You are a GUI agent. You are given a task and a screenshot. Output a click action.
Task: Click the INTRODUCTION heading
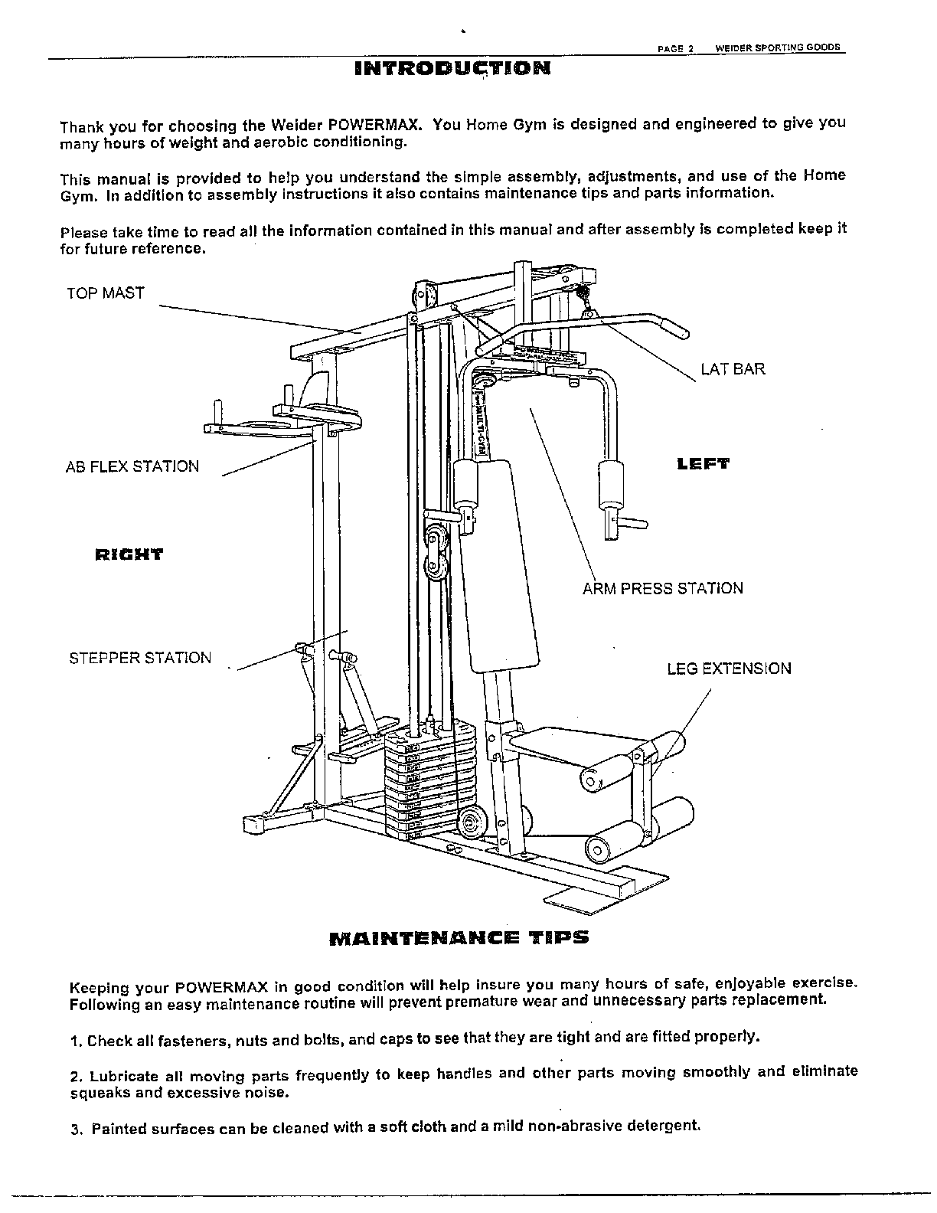coord(452,68)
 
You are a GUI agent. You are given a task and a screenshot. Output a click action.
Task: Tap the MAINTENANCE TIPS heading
coord(459,937)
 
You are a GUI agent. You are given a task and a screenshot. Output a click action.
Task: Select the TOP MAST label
coord(105,293)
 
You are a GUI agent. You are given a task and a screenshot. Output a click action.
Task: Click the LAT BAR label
coord(733,370)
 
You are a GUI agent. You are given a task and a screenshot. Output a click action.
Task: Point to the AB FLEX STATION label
coord(132,466)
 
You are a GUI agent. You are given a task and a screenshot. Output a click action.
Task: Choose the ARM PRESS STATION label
coord(662,589)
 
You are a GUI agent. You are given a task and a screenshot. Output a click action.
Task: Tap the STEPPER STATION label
coord(140,658)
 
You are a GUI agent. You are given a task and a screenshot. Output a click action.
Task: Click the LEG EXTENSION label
coord(729,669)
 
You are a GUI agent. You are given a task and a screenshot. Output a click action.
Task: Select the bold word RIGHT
coord(129,554)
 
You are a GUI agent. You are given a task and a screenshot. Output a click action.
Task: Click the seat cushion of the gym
coord(545,739)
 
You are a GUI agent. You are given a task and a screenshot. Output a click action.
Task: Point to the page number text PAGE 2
coord(675,47)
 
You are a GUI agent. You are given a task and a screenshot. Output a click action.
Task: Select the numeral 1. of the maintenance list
coord(75,1041)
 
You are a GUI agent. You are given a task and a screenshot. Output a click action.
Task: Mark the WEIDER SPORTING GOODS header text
coord(778,47)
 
